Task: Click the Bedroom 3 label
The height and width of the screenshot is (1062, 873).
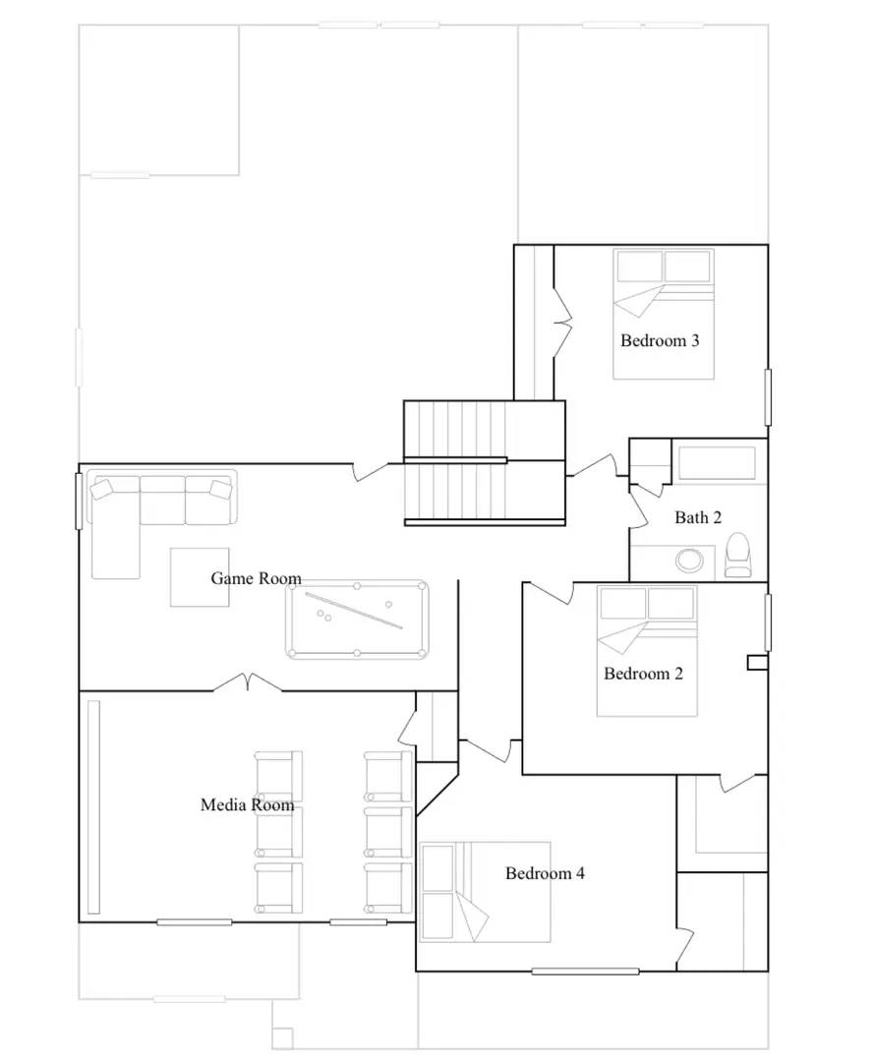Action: click(x=660, y=341)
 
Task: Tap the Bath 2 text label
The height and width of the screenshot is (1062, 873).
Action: click(x=698, y=517)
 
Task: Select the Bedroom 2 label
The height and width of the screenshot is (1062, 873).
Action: click(x=643, y=674)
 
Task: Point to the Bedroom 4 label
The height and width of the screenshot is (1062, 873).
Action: click(x=545, y=873)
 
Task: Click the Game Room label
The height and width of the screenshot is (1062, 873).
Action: click(x=256, y=578)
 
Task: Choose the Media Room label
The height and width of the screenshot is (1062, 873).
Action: click(x=247, y=804)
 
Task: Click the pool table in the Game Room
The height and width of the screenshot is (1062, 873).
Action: click(x=358, y=619)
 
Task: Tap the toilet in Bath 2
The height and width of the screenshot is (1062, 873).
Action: click(x=736, y=557)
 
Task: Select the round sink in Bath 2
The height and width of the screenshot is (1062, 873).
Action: click(x=689, y=560)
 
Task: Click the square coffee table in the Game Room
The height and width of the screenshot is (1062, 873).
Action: click(x=200, y=577)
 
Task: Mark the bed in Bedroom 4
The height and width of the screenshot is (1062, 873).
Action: click(x=484, y=892)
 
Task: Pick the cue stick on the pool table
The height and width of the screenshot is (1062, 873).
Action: click(x=353, y=610)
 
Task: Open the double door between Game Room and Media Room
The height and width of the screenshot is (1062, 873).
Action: click(x=248, y=682)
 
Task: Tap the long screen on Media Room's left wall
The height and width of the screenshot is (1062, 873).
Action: click(x=94, y=806)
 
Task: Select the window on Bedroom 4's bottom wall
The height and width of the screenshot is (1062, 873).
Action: click(x=585, y=972)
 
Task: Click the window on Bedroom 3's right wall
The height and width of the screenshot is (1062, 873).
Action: click(x=768, y=397)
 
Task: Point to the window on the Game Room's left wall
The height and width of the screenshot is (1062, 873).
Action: click(x=79, y=501)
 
